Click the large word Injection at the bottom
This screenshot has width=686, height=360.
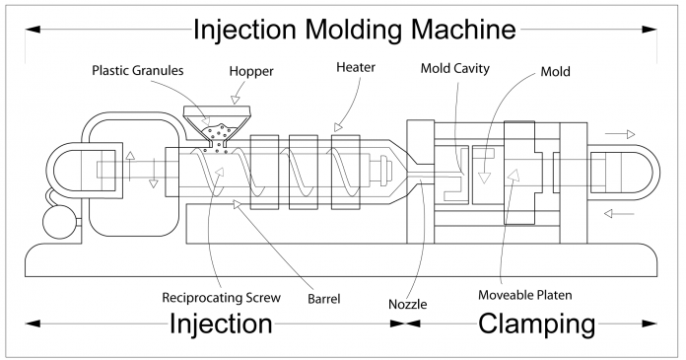pyautogui.click(x=221, y=324)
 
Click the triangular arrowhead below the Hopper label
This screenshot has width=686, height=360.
pyautogui.click(x=237, y=99)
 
